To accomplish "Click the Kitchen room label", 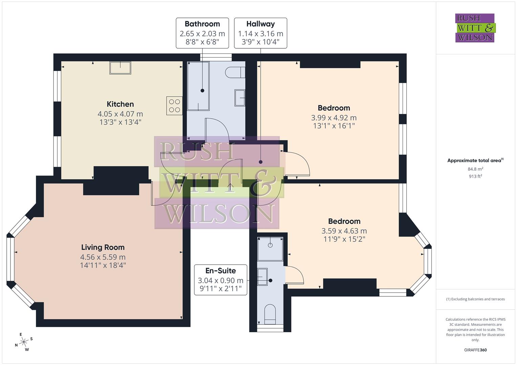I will point(120,104).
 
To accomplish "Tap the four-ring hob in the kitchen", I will point(174,105).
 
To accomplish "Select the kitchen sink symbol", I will point(120,68).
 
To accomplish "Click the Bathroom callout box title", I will point(202,24).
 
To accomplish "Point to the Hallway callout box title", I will point(260,24).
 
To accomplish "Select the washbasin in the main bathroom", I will point(240,98).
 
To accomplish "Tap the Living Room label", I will point(103,247).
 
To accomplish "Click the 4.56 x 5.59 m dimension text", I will point(103,257).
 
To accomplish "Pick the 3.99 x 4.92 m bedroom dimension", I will point(333,118).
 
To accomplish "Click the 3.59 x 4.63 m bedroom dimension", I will point(344,231).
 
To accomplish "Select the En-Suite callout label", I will point(220,271).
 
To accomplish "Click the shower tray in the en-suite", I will point(270,249).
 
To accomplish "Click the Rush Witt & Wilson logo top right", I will point(475,28).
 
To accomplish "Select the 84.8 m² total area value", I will point(475,169).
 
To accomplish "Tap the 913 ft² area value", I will point(475,176).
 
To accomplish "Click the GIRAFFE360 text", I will point(475,350).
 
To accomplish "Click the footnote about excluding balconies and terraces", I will point(475,299).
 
